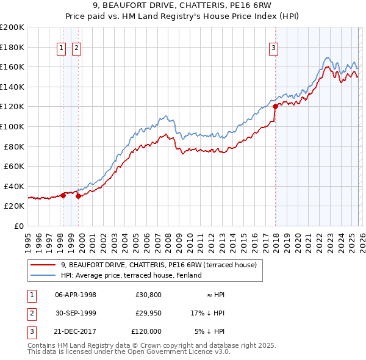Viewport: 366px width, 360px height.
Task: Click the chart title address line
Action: coord(183,7)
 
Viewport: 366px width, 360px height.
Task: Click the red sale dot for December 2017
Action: coord(275,106)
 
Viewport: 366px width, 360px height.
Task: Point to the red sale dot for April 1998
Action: coord(63,195)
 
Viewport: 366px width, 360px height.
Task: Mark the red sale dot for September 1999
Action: coord(79,196)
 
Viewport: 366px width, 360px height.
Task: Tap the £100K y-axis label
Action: coord(12,126)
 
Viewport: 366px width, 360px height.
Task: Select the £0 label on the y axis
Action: coord(19,226)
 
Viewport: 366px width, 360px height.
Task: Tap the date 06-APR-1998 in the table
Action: coord(76,295)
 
